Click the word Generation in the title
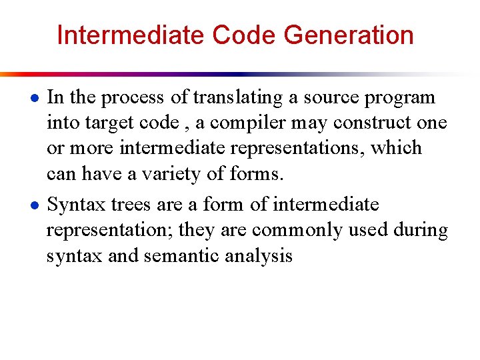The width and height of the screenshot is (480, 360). pyautogui.click(x=349, y=35)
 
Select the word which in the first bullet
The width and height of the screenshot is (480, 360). pyautogui.click(x=397, y=148)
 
